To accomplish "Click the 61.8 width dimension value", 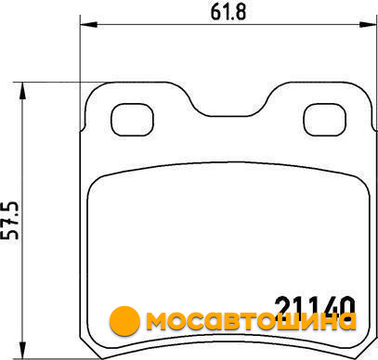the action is point(228,12).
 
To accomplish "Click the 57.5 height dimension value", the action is point(12,221).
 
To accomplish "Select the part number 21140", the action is point(315,306).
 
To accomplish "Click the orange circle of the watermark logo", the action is point(124,321).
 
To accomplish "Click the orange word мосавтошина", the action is point(251,320).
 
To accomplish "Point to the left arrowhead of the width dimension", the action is point(89,25).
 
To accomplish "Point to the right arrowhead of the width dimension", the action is point(368,25).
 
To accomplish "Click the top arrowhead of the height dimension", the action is point(22,91).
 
